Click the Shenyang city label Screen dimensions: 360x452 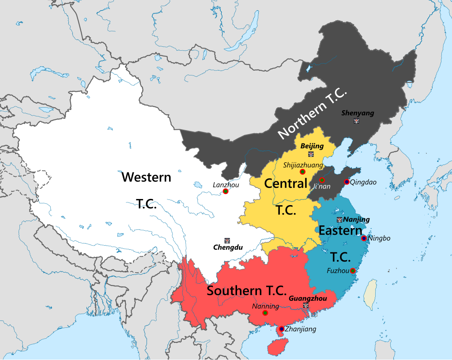[x=358, y=113]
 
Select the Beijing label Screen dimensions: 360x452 [x=312, y=146]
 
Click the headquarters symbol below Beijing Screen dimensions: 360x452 [x=311, y=154]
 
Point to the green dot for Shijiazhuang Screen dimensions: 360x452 [x=302, y=171]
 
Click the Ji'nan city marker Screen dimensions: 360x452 [x=322, y=180]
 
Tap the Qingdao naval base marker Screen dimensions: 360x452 [x=347, y=182]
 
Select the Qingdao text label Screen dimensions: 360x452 [x=363, y=182]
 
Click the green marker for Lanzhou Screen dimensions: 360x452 [x=226, y=191]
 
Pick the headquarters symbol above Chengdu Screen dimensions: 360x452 [x=227, y=240]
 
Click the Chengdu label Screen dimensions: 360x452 [x=227, y=247]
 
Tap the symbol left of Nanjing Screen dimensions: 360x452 [x=339, y=219]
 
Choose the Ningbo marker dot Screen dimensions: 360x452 [x=364, y=238]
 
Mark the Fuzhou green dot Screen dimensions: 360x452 [x=352, y=270]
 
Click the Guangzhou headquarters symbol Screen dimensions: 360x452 [x=306, y=305]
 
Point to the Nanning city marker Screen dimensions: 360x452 [x=265, y=313]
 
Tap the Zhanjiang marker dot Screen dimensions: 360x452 [x=281, y=329]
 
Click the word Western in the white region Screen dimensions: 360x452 [x=146, y=177]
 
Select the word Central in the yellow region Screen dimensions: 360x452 [x=286, y=183]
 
